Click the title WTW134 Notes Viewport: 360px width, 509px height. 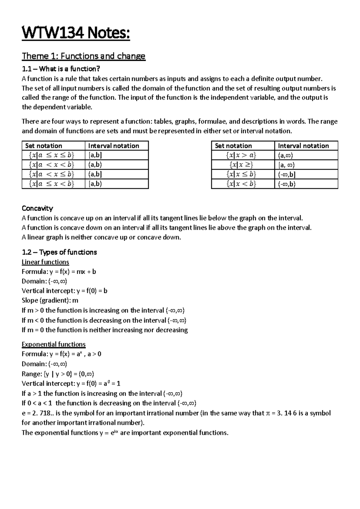[76, 33]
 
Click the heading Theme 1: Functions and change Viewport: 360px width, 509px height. [83, 56]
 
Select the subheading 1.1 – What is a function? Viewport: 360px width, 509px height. [61, 69]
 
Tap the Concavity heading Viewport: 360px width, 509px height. [37, 208]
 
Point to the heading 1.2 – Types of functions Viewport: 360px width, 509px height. [59, 252]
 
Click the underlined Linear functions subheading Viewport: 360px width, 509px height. [45, 262]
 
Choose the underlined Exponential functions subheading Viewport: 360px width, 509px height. [53, 344]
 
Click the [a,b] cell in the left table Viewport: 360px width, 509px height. [95, 155]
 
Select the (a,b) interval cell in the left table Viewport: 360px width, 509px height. [95, 165]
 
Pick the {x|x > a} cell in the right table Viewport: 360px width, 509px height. [241, 155]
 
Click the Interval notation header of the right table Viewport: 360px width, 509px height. [303, 146]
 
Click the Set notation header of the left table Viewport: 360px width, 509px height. [43, 146]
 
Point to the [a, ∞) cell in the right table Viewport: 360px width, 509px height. [286, 165]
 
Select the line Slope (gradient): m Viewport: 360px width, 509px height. [50, 300]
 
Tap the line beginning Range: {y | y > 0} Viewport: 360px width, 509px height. [58, 374]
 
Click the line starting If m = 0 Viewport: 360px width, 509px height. [104, 330]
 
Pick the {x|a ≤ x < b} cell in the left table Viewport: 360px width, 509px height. [51, 184]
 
